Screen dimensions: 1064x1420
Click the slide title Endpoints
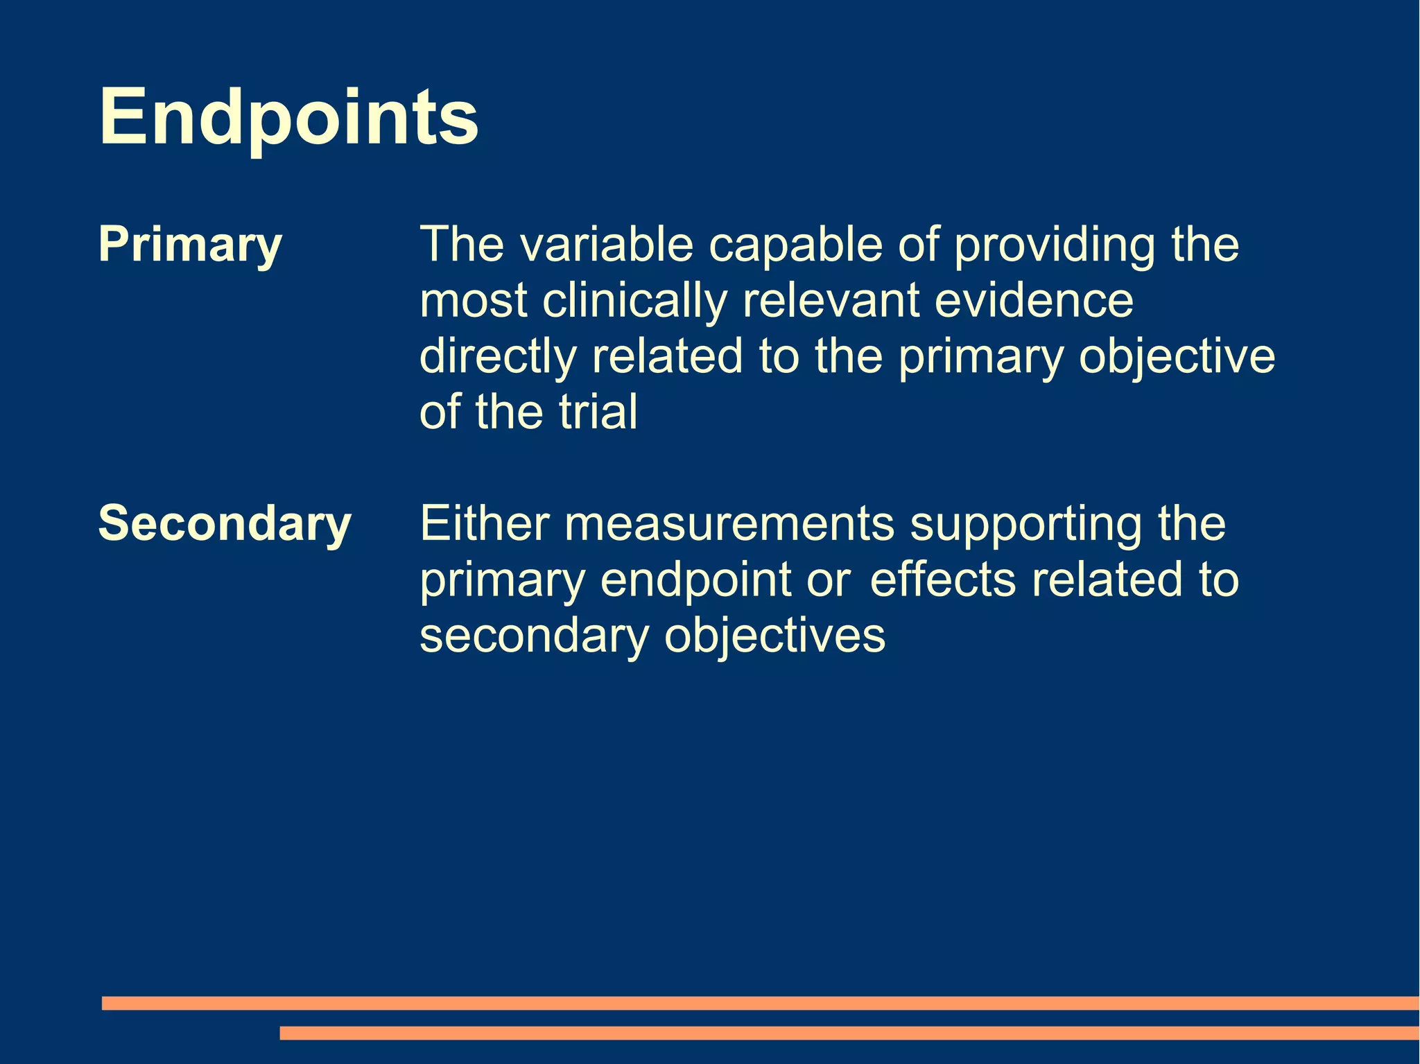(288, 116)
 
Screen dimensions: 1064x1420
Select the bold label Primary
(190, 245)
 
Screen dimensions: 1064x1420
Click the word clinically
(634, 301)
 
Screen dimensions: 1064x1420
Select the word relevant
(831, 301)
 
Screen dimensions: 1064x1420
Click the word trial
(598, 412)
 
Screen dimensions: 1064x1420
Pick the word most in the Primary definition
(474, 301)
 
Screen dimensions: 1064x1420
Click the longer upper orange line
(760, 1003)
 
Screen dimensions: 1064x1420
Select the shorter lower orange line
(849, 1033)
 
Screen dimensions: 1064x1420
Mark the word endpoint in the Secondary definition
(695, 580)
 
